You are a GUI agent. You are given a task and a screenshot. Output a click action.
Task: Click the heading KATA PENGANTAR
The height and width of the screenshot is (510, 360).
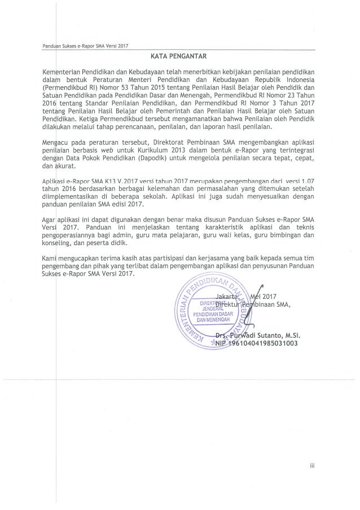click(x=179, y=56)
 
